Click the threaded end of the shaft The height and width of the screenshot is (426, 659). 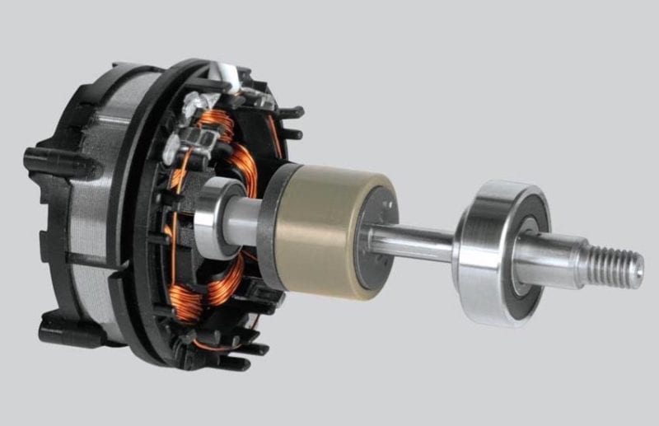click(x=614, y=266)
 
